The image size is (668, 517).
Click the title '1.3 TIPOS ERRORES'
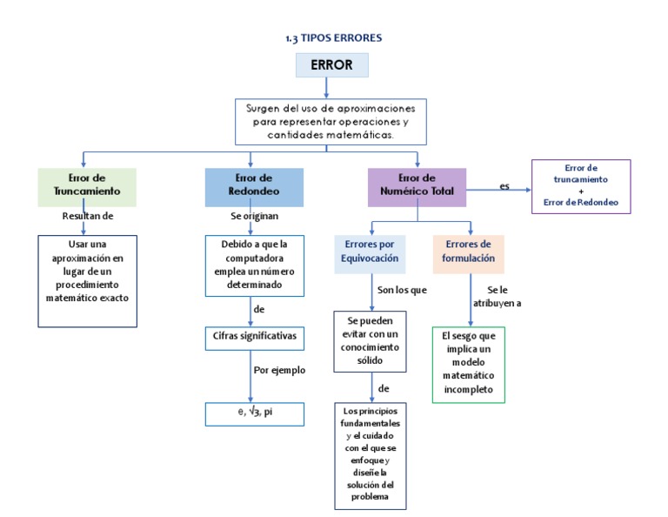pyautogui.click(x=333, y=38)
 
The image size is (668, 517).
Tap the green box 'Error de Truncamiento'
pyautogui.click(x=82, y=186)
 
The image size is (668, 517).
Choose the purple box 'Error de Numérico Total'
pyautogui.click(x=417, y=186)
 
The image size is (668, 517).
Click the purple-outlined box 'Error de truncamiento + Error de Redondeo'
pyautogui.click(x=581, y=186)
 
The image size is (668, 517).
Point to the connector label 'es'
pyautogui.click(x=504, y=186)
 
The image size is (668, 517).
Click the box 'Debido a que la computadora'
pyautogui.click(x=255, y=265)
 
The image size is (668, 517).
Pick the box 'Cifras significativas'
pyautogui.click(x=255, y=335)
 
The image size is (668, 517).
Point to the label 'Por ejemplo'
pyautogui.click(x=279, y=370)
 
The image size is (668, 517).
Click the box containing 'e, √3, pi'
pyautogui.click(x=255, y=412)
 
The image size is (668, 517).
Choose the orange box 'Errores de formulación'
pyautogui.click(x=469, y=252)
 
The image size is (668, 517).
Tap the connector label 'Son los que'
pyautogui.click(x=401, y=290)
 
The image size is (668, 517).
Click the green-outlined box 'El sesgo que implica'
pyautogui.click(x=468, y=364)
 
